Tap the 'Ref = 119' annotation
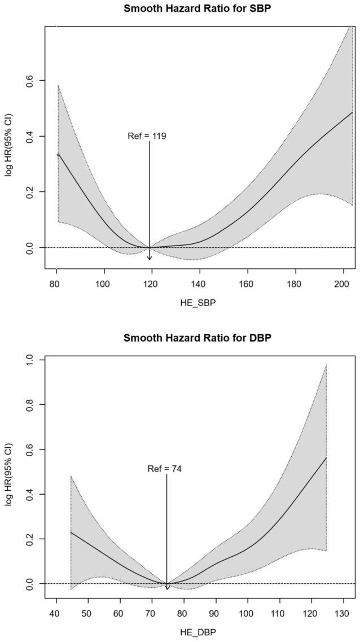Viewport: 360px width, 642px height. [x=147, y=136]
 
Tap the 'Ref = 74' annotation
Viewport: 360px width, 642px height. [x=165, y=469]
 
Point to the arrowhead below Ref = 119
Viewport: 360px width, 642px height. [x=150, y=258]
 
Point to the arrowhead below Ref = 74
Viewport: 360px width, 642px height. [x=167, y=588]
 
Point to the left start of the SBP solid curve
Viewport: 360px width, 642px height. [x=58, y=154]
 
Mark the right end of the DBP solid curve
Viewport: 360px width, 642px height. [x=326, y=458]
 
